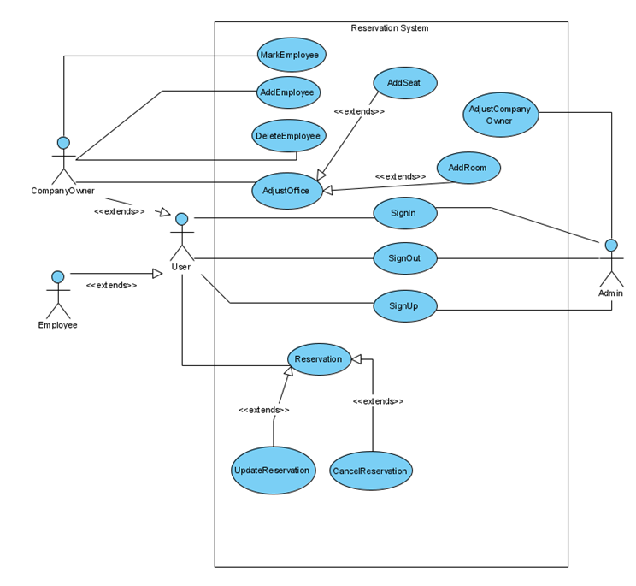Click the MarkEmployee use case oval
click(290, 55)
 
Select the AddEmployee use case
click(288, 92)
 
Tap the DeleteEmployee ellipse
click(288, 135)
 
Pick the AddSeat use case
click(405, 83)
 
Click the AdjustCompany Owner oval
click(500, 115)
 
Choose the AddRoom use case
click(468, 168)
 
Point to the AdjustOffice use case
click(287, 191)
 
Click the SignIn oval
click(405, 212)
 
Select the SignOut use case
click(405, 257)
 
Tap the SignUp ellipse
click(405, 305)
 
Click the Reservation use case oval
click(318, 359)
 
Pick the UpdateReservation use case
click(273, 470)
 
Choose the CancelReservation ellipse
click(371, 471)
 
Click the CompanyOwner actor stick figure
click(62, 159)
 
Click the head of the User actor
click(181, 219)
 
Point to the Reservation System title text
click(390, 28)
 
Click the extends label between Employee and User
click(111, 285)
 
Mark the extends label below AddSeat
click(358, 111)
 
